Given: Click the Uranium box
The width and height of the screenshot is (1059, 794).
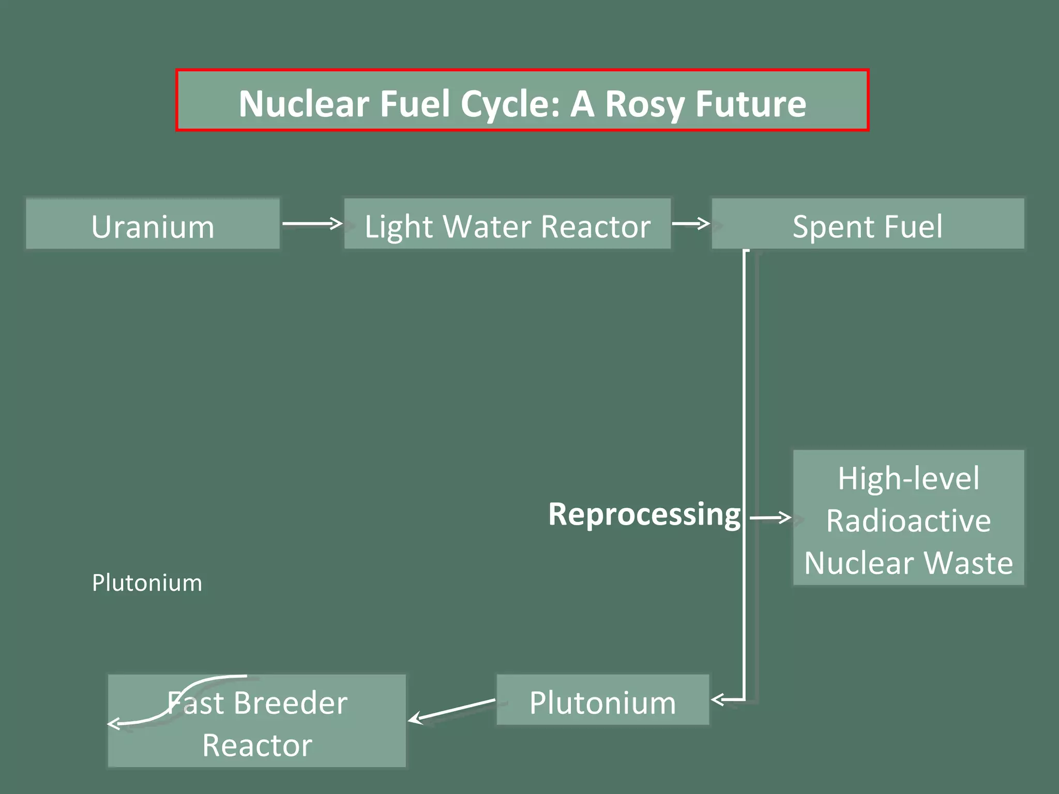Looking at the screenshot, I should click(x=153, y=224).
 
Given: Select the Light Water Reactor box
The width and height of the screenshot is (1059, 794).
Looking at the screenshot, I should click(x=507, y=224).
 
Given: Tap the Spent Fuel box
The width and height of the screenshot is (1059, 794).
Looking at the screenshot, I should click(x=868, y=224).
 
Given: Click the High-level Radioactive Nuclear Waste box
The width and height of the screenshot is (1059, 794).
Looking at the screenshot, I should click(x=909, y=517).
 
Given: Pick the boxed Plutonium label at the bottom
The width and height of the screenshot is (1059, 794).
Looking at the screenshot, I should click(x=602, y=700).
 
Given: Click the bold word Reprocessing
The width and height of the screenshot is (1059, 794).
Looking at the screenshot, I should click(x=644, y=514).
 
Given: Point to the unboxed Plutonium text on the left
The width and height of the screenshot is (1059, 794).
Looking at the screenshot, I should click(x=147, y=583).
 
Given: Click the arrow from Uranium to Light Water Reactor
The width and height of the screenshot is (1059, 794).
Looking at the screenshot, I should click(x=312, y=223).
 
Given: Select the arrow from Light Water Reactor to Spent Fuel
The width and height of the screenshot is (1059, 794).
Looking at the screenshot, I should click(x=691, y=223).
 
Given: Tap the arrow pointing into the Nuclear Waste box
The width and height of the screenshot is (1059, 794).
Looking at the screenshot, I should click(x=770, y=517).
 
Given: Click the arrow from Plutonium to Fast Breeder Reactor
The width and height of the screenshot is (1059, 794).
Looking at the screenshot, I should click(x=452, y=709).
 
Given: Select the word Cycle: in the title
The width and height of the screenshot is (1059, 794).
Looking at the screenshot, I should click(x=510, y=103).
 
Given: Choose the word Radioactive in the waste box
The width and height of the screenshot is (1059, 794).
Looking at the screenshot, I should click(x=909, y=521).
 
